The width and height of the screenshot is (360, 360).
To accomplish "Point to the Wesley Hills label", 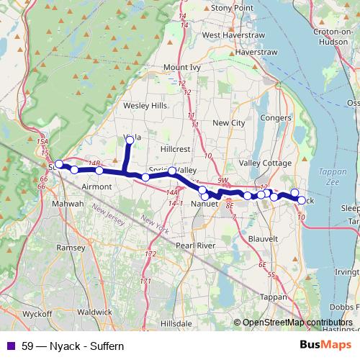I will [145, 105].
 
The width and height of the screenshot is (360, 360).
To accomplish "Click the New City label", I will [228, 123].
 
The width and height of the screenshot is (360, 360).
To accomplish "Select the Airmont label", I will [97, 186].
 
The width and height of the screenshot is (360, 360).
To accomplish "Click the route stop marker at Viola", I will [130, 140].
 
